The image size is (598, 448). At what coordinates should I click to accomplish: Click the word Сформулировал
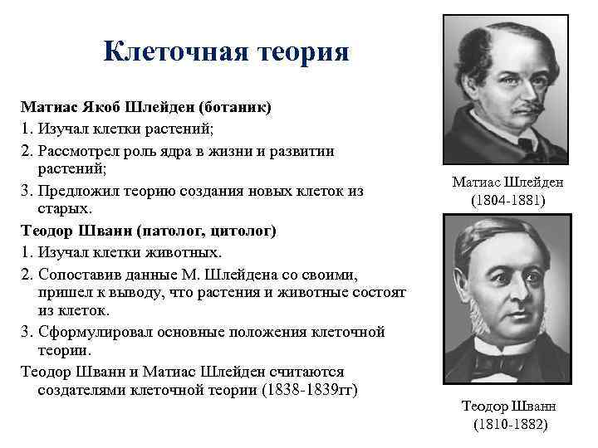tap(88, 332)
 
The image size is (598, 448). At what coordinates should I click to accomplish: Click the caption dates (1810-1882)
tap(510, 424)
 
